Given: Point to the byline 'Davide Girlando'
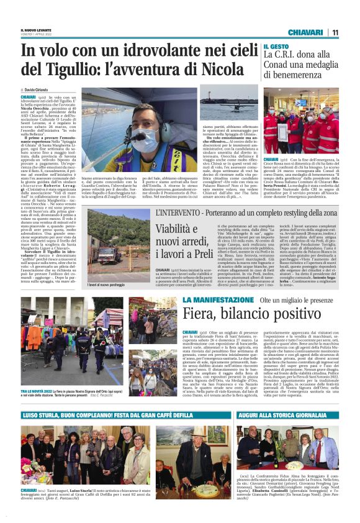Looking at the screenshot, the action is pyautogui.click(x=42, y=91).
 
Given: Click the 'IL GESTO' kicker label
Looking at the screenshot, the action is pyautogui.click(x=275, y=47).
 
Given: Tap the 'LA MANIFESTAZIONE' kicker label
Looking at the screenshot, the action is pyautogui.click(x=210, y=301).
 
